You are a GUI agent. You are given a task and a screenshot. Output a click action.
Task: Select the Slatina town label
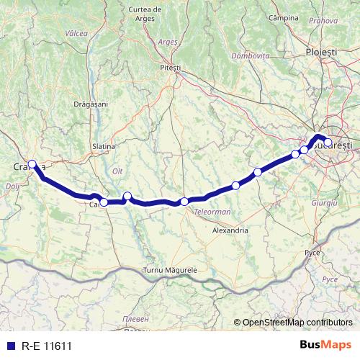104,146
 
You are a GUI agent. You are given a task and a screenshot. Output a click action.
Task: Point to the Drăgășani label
91,104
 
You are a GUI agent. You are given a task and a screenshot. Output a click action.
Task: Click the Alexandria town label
230,230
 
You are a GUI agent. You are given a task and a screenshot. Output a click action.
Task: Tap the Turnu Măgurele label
176,269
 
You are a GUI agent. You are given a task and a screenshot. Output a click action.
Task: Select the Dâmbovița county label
250,55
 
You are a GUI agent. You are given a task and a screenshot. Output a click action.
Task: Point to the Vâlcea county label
76,33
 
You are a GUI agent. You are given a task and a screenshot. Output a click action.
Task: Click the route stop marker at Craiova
32,163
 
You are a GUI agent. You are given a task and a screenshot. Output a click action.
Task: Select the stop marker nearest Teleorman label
184,202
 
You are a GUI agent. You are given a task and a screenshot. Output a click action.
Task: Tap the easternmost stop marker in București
328,143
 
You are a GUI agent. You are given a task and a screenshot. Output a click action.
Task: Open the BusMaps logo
325,346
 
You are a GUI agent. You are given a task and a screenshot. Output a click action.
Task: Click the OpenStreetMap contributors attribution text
297,322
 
